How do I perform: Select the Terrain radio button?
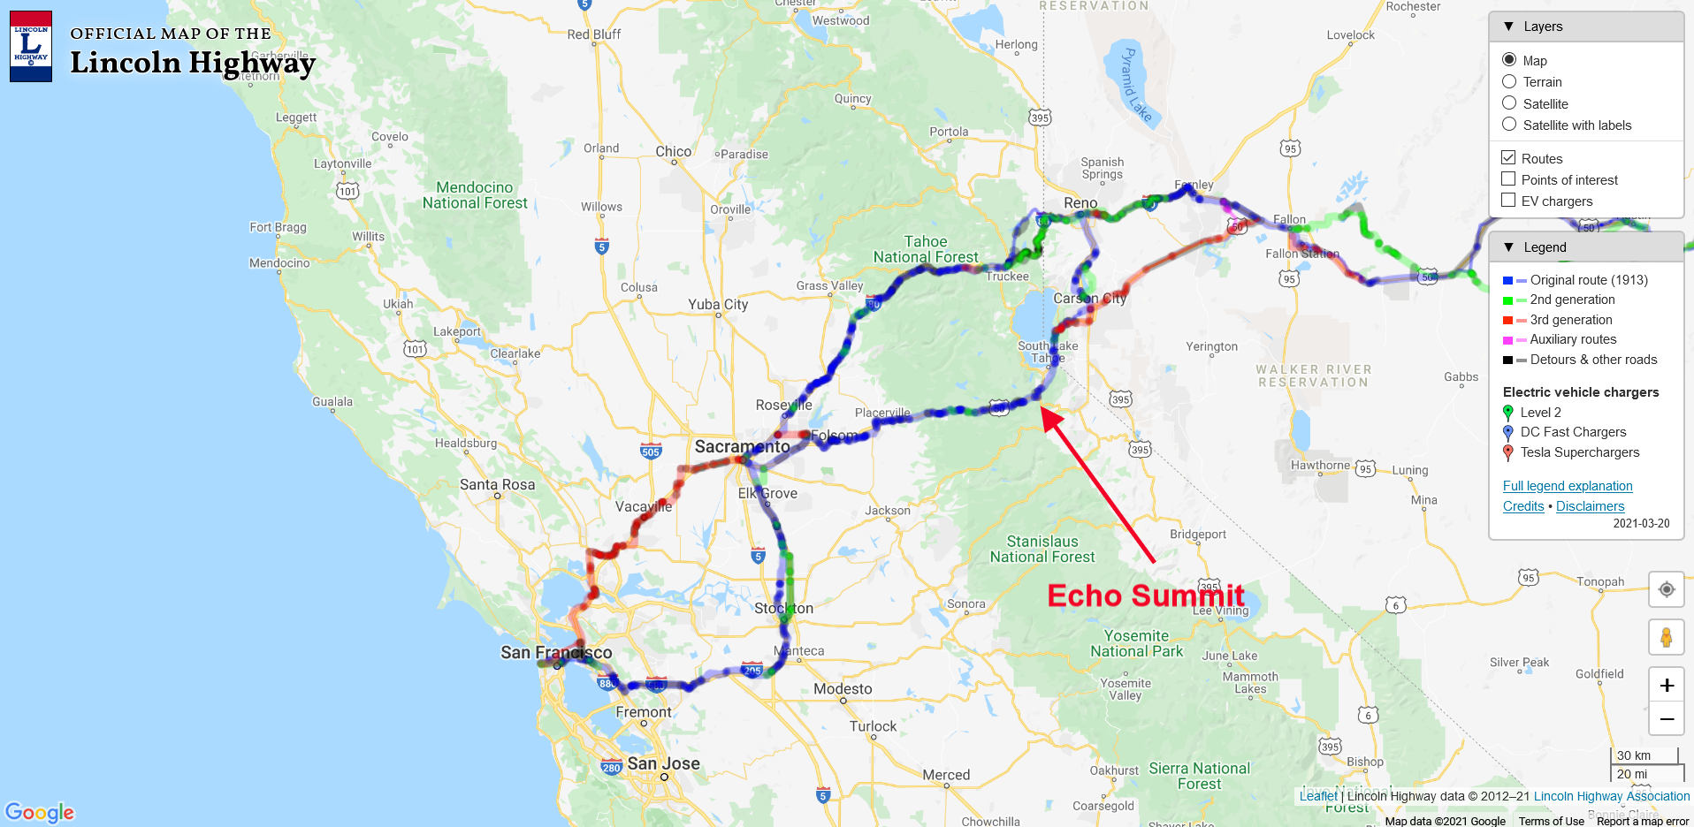coord(1509,82)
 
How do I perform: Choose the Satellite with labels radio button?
coord(1509,125)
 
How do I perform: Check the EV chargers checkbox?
coord(1508,201)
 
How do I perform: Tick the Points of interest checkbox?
coord(1508,179)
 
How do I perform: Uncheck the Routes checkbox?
coord(1508,158)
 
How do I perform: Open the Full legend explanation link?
coord(1568,486)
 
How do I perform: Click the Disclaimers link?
coord(1590,506)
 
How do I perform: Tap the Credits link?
coord(1523,506)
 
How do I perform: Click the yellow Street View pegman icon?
coord(1666,637)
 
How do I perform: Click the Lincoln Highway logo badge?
coord(31,47)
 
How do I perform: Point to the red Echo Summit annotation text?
coord(1146,596)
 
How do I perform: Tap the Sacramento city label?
coord(742,446)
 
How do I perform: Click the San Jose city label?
coord(663,763)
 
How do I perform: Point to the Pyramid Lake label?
coord(1135,85)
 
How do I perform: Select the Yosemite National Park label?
coord(1136,643)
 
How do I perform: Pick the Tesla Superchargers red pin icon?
coord(1508,452)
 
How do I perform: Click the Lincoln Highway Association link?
coord(1611,796)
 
